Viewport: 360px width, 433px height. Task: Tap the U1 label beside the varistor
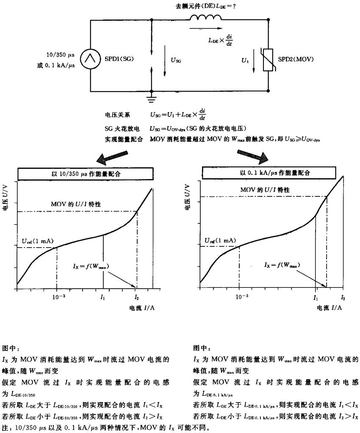point(245,61)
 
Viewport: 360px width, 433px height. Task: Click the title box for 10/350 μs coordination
point(85,174)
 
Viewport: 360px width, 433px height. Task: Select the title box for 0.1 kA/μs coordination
point(275,173)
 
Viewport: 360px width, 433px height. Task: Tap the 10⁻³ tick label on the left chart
point(57,297)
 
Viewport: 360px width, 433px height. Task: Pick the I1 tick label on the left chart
point(103,298)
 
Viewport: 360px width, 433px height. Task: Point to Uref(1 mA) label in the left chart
point(37,241)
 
